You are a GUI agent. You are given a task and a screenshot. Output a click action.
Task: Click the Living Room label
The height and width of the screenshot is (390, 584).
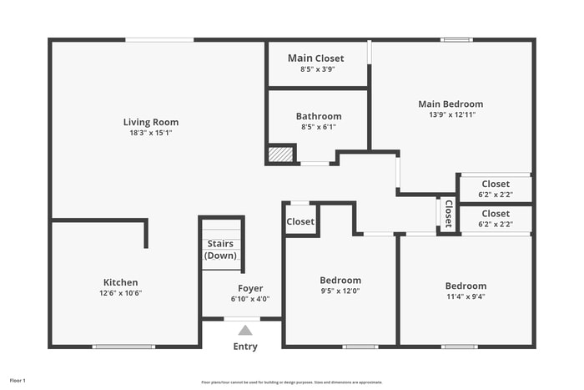151,122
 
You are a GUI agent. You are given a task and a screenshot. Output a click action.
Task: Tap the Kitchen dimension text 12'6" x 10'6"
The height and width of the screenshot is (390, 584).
121,293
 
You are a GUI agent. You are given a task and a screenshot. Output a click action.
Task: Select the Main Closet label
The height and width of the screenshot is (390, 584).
316,58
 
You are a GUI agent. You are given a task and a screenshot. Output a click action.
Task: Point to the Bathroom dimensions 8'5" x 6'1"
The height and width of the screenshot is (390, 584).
319,128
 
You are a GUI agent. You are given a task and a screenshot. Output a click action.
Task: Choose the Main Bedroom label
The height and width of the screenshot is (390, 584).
451,104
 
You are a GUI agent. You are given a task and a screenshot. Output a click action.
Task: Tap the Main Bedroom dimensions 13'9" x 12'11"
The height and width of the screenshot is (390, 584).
451,115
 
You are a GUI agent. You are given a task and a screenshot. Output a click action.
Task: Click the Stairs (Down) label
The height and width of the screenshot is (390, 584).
221,250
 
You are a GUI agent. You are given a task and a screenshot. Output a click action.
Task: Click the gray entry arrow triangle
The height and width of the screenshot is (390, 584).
245,330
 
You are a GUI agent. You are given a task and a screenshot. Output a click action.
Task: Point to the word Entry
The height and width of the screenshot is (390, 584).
245,347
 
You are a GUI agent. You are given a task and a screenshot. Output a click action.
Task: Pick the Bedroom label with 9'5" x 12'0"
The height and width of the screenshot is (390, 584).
340,280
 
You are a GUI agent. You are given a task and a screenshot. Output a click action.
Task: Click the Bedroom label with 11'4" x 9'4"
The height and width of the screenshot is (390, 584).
466,286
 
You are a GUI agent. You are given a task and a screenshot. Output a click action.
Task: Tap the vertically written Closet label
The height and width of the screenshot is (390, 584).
448,214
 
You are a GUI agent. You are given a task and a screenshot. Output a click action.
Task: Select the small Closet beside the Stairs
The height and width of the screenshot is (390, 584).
301,221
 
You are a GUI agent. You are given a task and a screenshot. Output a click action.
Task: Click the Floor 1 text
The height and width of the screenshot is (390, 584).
18,380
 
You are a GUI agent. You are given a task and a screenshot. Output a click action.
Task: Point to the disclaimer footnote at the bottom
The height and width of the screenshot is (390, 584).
292,382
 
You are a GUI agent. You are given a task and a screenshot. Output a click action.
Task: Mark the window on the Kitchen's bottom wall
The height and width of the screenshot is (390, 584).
123,347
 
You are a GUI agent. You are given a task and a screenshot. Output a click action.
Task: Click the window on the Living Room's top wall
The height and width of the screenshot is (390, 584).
159,39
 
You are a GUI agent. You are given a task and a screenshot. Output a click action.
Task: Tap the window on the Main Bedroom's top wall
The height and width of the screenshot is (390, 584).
456,39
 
